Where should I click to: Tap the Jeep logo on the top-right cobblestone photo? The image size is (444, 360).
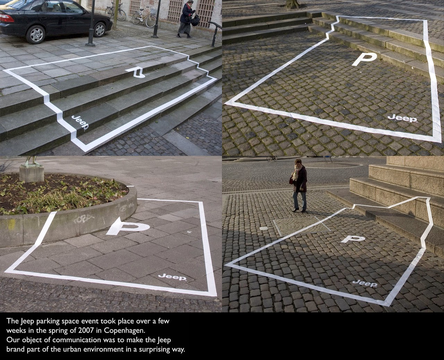[x=402, y=118]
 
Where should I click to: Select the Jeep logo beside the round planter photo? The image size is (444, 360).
[x=172, y=277]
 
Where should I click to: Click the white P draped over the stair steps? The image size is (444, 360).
[x=137, y=72]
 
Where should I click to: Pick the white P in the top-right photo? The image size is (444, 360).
[x=364, y=59]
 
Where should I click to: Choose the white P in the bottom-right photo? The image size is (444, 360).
[x=352, y=239]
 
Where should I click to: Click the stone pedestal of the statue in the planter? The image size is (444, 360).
[x=32, y=174]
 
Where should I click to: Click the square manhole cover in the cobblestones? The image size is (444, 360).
[x=302, y=226]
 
